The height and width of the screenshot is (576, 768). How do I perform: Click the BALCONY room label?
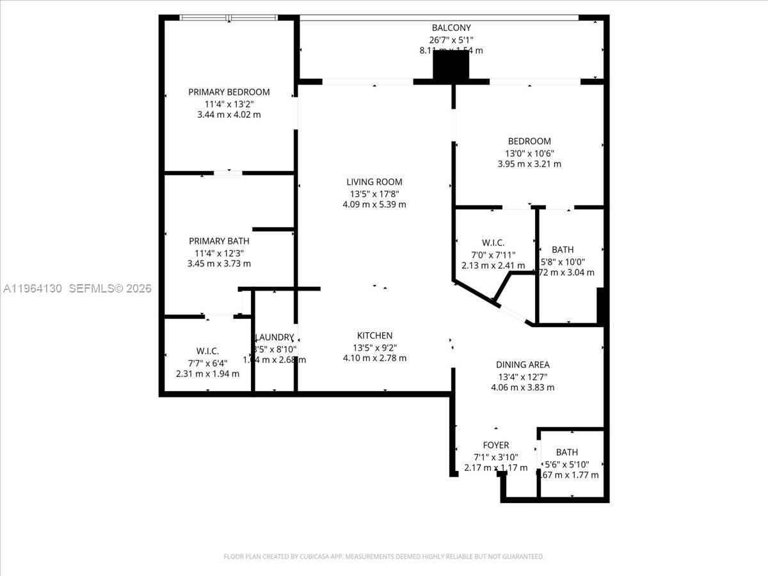point(451,28)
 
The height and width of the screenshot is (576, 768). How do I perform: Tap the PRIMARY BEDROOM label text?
point(228,92)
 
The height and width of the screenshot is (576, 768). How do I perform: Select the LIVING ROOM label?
point(374,182)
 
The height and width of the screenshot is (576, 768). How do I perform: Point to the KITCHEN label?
point(374,336)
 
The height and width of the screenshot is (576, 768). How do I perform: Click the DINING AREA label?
point(524,365)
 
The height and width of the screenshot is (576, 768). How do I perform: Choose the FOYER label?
point(495,445)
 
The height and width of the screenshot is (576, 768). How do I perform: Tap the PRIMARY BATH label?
point(219,241)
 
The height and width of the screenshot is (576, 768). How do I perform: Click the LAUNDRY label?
point(275,337)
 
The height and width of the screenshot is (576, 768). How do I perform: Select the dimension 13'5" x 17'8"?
point(374,194)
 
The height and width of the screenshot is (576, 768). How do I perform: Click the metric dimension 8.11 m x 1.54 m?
point(451,51)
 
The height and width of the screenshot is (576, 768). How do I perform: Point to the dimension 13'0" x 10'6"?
point(529,153)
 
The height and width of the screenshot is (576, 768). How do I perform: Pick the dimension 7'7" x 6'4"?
point(207,362)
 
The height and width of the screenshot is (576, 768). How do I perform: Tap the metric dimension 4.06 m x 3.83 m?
point(522,388)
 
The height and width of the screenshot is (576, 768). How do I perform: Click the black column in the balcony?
point(451,67)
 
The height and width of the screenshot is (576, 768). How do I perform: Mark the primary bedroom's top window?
point(228,18)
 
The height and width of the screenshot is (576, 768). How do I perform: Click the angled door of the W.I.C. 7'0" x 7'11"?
point(514,313)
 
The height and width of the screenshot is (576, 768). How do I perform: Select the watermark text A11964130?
point(33,289)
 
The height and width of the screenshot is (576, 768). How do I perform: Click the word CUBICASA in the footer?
point(317,557)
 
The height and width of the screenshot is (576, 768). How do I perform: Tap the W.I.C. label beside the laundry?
point(207,351)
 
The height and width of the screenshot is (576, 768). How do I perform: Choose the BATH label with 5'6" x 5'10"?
point(566,452)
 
